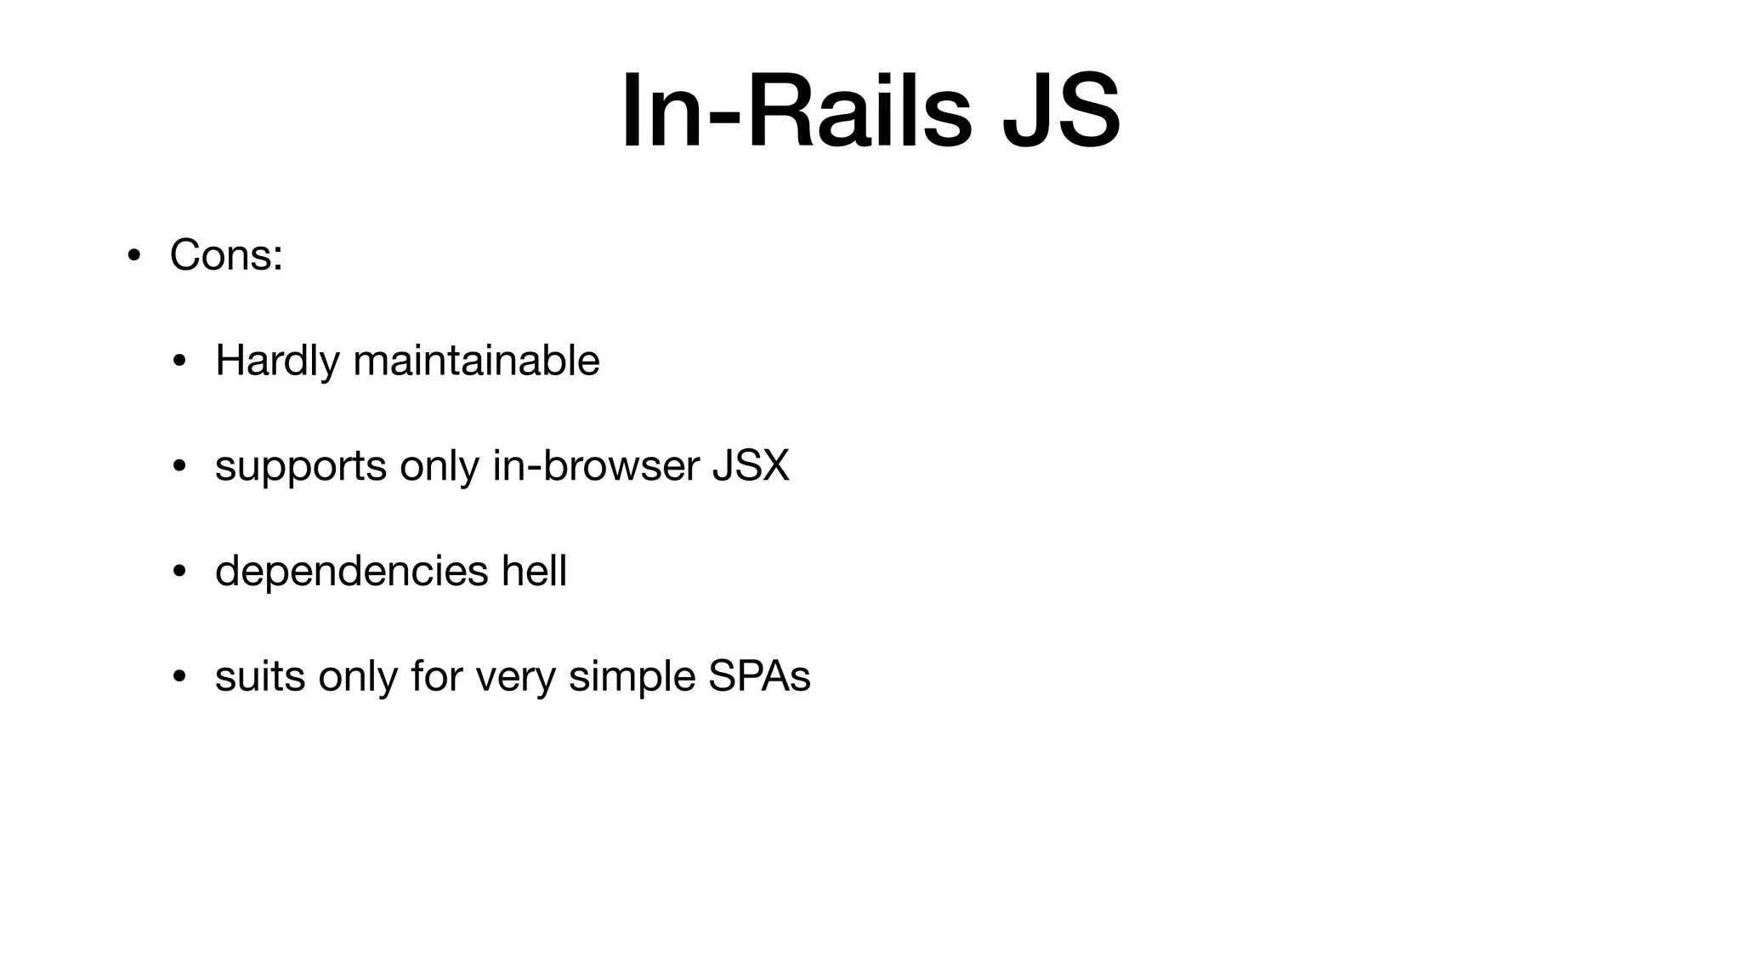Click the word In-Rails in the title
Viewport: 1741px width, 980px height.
(796, 111)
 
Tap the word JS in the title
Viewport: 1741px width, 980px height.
(1061, 111)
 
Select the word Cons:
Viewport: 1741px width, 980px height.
(226, 254)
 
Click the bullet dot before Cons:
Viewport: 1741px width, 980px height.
(133, 256)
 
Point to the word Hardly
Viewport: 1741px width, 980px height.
(277, 361)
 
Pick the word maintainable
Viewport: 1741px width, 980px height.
(476, 361)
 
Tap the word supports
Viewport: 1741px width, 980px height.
(301, 466)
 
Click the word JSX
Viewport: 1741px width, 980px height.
(751, 466)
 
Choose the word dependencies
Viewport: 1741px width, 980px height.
(351, 571)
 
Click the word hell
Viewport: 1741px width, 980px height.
(534, 571)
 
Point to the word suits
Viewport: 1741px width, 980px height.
(260, 676)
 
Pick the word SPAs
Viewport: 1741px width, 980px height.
(759, 676)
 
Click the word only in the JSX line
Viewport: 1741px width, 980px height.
(440, 466)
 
